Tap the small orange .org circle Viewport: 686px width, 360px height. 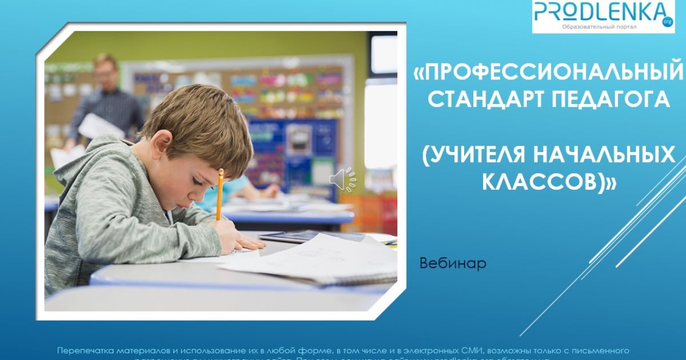tap(667, 22)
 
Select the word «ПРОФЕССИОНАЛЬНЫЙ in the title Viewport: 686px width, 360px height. tap(549, 73)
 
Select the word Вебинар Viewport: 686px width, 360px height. tap(453, 264)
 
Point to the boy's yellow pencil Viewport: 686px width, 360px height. tap(220, 194)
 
